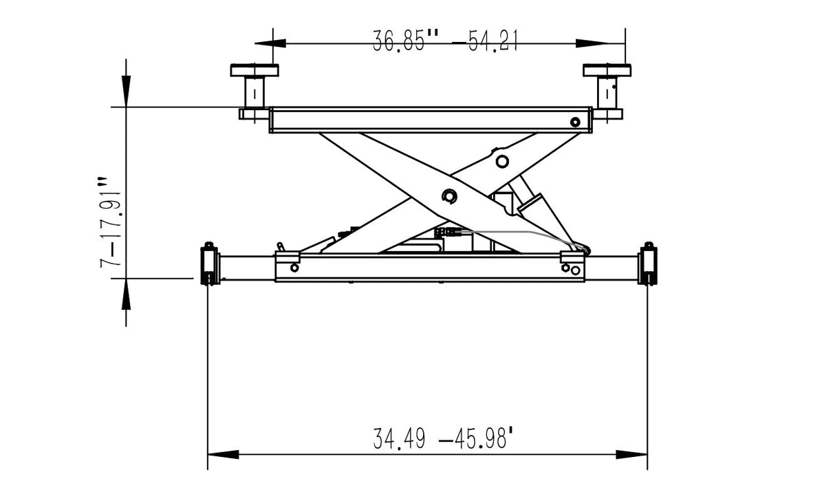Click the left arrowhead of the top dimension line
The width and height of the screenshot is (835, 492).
tap(270, 43)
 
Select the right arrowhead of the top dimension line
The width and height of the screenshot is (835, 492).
tap(592, 43)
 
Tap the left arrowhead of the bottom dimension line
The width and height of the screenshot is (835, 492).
tap(223, 455)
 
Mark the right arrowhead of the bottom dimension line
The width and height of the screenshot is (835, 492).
tap(631, 455)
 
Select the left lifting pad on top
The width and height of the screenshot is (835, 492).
tap(254, 70)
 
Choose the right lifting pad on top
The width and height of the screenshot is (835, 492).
tap(607, 70)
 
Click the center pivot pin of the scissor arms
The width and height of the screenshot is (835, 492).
tap(450, 197)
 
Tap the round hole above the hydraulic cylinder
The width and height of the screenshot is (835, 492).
tap(502, 161)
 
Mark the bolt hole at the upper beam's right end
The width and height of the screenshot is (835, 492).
tap(575, 122)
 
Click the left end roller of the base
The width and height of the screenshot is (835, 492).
tap(208, 264)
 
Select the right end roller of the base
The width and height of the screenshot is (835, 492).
tap(647, 264)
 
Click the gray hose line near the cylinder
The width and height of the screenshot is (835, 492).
tap(523, 233)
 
